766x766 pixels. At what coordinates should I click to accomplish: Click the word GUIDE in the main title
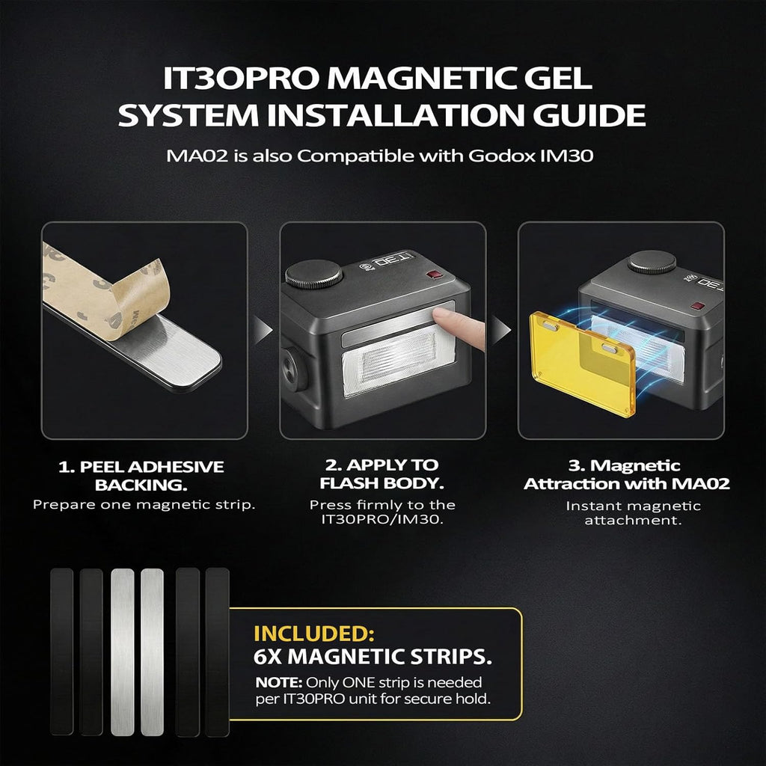(589, 115)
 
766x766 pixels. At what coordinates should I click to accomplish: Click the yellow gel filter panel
(582, 364)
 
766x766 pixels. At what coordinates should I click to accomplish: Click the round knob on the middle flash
(313, 274)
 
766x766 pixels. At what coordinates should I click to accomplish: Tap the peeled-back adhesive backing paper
(105, 293)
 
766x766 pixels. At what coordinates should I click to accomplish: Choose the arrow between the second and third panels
(501, 330)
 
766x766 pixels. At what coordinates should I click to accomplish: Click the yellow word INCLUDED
(313, 634)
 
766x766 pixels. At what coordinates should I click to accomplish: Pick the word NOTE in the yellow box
(279, 682)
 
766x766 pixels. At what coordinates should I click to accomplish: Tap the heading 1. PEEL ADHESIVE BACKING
(141, 476)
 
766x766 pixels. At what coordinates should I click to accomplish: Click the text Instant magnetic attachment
(633, 513)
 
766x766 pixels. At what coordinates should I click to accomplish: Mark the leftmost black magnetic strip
(61, 652)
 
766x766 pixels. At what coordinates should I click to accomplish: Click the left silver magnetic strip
(122, 652)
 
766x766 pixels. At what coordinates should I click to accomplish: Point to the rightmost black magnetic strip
(218, 652)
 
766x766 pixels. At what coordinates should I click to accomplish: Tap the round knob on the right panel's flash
(652, 262)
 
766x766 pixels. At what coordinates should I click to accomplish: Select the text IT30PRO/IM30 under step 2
(382, 519)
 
